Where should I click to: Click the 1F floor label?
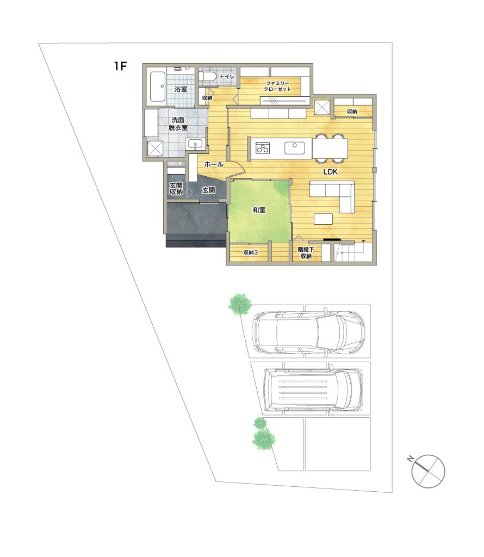(120, 66)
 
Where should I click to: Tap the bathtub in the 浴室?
(157, 87)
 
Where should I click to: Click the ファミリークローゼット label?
(277, 86)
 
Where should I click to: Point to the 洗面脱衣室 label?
(178, 123)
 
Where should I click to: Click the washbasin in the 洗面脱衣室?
(194, 145)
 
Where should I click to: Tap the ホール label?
(214, 164)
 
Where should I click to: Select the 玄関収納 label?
(176, 189)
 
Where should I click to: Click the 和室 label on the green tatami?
(259, 210)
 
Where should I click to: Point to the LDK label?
(330, 172)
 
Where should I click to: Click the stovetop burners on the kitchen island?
(263, 148)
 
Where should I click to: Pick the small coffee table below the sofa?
(323, 219)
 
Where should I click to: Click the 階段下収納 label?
(306, 252)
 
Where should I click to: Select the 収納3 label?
(251, 252)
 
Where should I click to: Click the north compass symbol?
(427, 471)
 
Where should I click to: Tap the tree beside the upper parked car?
(240, 305)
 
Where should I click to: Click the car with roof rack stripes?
(313, 389)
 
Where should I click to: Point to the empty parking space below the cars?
(337, 444)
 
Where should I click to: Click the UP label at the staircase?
(363, 242)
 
